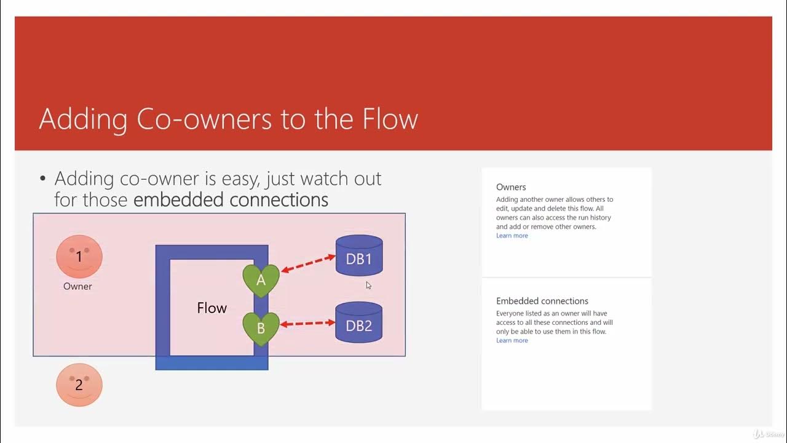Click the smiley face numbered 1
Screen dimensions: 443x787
79,257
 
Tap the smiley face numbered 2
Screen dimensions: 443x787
79,385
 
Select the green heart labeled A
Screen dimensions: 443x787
261,280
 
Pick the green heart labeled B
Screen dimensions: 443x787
261,328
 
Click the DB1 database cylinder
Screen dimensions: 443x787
359,256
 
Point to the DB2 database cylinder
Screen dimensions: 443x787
359,322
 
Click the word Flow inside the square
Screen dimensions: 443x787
212,308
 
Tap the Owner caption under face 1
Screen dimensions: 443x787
77,286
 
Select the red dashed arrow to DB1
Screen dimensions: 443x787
308,263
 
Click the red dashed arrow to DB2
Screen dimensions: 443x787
308,323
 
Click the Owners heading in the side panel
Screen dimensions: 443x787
511,187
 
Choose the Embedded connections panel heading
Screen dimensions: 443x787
542,301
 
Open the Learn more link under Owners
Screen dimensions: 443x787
512,236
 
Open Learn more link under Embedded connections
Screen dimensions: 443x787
512,340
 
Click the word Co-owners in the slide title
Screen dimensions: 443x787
204,119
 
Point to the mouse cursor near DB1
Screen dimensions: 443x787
368,284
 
